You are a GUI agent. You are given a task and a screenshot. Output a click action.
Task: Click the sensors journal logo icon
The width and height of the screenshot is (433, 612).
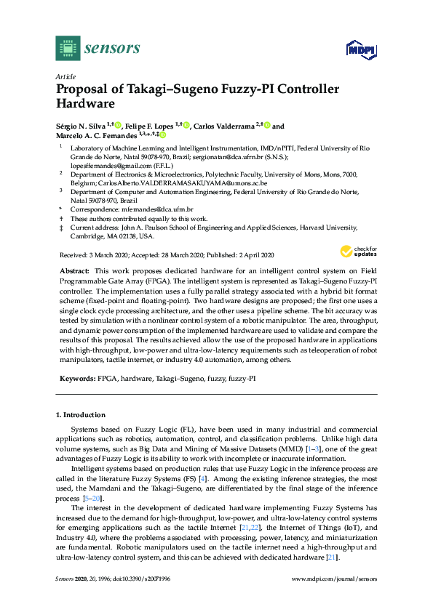(x=68, y=48)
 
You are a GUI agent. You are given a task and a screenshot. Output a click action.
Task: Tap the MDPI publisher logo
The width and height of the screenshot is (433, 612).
(x=359, y=49)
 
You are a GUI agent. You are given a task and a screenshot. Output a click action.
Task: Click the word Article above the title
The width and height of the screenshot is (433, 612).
(x=65, y=76)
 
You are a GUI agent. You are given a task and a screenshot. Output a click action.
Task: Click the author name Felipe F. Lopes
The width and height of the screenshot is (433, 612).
(x=152, y=125)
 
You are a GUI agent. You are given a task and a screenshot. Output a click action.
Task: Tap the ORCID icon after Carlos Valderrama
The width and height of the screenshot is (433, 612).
(x=267, y=125)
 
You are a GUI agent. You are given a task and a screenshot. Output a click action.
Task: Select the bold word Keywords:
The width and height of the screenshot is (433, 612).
(x=76, y=379)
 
